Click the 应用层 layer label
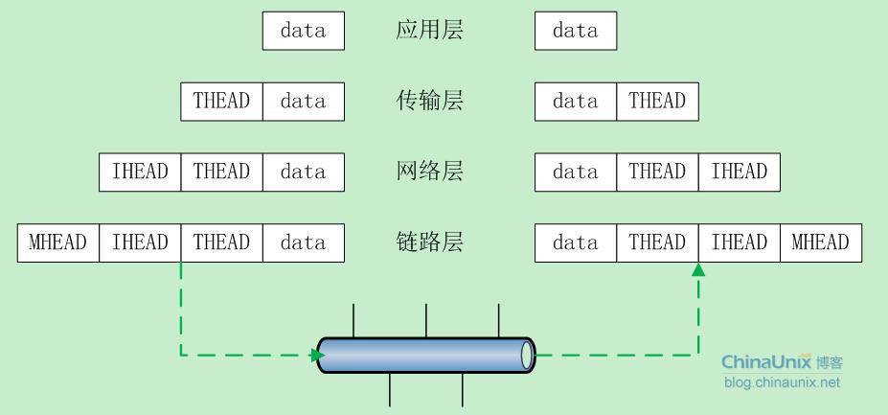(429, 30)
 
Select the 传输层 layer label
(429, 101)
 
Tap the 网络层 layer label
(429, 172)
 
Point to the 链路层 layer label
(429, 242)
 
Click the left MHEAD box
(58, 242)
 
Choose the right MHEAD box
(821, 242)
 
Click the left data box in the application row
(304, 31)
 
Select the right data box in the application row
(576, 31)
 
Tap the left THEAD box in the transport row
(222, 102)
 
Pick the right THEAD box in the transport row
(657, 102)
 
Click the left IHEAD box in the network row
(141, 172)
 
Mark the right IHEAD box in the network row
(740, 172)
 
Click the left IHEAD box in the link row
(141, 242)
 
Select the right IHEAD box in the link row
(740, 242)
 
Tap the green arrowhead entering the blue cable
(318, 355)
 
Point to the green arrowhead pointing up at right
(698, 269)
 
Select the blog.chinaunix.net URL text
(782, 382)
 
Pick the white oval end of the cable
(527, 355)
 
